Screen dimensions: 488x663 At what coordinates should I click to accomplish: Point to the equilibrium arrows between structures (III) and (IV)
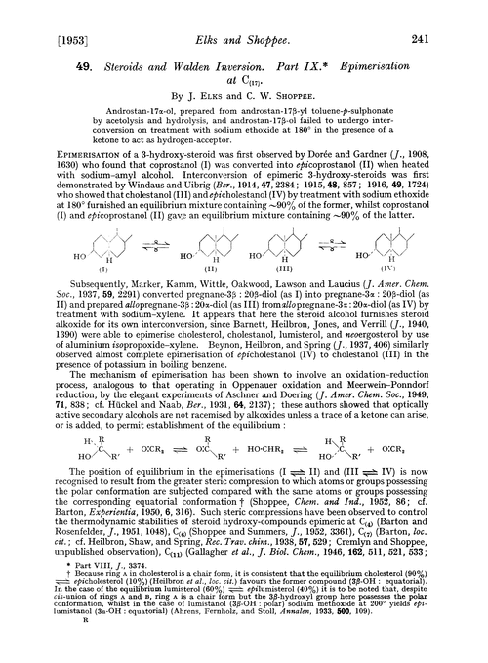coord(360,245)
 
